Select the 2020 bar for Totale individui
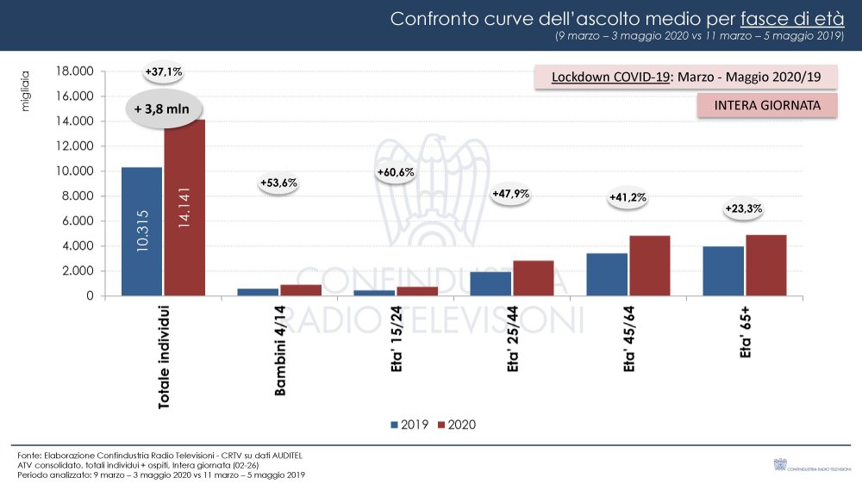tap(184, 208)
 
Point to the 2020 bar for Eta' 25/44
tap(534, 277)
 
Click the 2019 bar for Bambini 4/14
tap(259, 292)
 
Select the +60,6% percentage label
tap(396, 172)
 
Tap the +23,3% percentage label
tap(743, 208)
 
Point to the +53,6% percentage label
tap(278, 183)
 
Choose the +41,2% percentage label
tap(628, 197)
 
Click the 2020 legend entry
tap(457, 425)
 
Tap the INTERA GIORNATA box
tap(766, 105)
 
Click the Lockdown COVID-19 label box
tap(686, 77)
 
